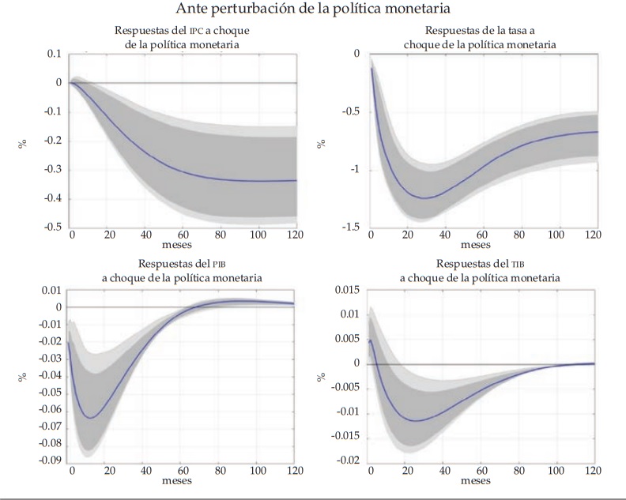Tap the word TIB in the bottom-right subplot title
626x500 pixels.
point(494,265)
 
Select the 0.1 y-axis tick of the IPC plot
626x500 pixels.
point(55,54)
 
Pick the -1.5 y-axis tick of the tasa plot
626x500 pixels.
point(350,227)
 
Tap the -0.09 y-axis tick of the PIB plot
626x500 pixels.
point(50,461)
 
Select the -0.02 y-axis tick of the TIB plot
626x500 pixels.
point(348,461)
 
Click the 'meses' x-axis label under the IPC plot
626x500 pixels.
point(184,245)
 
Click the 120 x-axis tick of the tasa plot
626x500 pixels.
point(594,235)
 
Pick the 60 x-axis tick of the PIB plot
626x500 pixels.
point(183,471)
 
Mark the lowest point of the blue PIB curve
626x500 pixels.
point(89,418)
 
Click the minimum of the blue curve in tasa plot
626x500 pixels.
point(424,198)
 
